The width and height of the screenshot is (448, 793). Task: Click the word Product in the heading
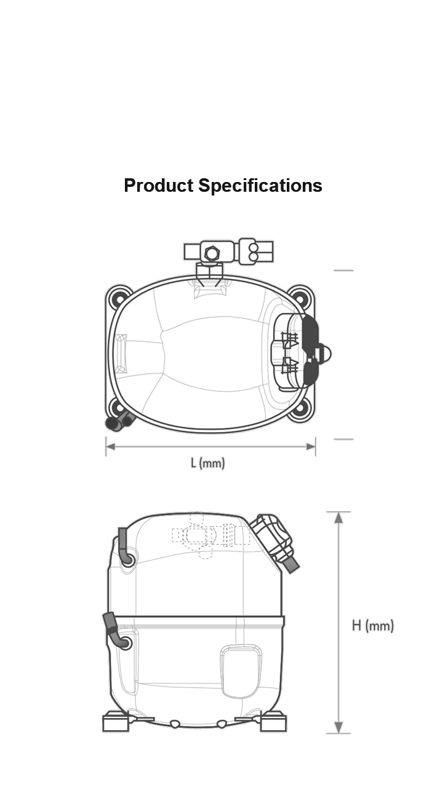(x=159, y=185)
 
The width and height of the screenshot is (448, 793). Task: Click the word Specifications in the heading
(x=260, y=186)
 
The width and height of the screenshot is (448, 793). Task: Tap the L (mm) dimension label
(x=208, y=463)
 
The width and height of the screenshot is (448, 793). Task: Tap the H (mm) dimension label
(x=373, y=626)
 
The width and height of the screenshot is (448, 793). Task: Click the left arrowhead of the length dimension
(x=111, y=447)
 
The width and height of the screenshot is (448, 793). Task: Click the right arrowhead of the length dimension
(x=311, y=447)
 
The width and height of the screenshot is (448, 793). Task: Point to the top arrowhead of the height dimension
(x=339, y=517)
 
